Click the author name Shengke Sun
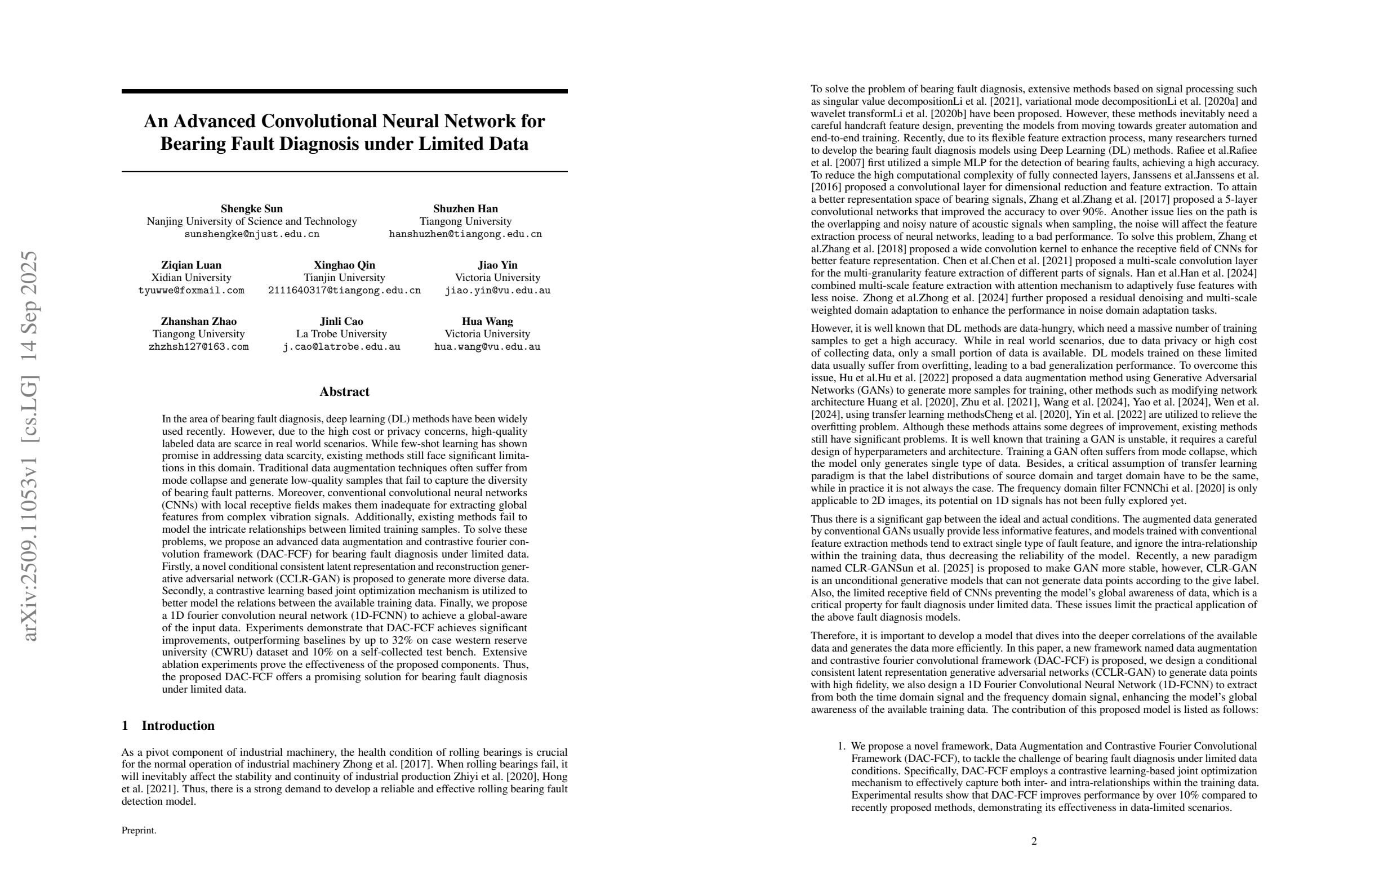click(x=251, y=208)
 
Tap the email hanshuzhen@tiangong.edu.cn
click(x=465, y=234)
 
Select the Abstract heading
click(x=344, y=391)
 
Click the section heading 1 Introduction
click(x=168, y=725)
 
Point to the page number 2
click(x=1034, y=841)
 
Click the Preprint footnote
click(x=139, y=830)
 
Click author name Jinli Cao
click(x=341, y=321)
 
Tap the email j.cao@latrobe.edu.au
click(x=341, y=347)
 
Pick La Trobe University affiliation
click(x=341, y=333)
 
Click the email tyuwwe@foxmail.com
click(x=191, y=290)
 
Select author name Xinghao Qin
click(x=344, y=265)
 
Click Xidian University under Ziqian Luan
click(x=191, y=278)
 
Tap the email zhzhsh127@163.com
click(x=198, y=347)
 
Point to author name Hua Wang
click(x=487, y=321)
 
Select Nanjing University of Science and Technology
click(x=251, y=221)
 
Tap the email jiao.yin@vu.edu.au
click(x=497, y=290)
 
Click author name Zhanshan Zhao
click(x=198, y=321)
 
